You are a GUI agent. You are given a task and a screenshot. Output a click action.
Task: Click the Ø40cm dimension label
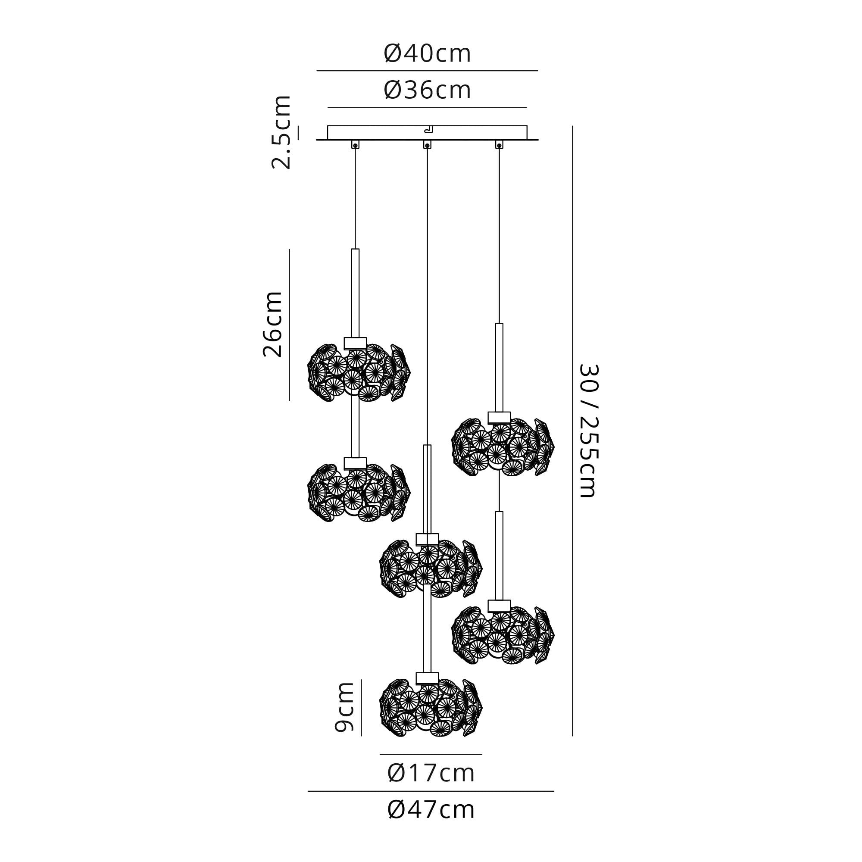[x=427, y=54]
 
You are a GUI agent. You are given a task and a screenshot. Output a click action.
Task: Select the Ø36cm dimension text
[x=427, y=91]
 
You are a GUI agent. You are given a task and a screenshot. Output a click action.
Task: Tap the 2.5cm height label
[x=281, y=132]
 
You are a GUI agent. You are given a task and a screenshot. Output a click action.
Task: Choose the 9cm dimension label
[x=344, y=707]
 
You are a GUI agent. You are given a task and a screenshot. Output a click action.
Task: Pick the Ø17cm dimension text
[x=431, y=774]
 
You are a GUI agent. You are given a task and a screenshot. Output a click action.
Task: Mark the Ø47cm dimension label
[x=431, y=810]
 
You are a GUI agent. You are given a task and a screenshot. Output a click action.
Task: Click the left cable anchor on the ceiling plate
[x=355, y=144]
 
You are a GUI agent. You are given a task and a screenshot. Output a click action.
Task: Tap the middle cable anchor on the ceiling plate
[x=427, y=144]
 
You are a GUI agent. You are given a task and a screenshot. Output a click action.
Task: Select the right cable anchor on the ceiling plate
[x=499, y=144]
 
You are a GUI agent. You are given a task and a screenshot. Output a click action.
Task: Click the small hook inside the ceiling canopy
[x=429, y=130]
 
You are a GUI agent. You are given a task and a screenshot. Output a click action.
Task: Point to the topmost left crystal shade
[x=359, y=372]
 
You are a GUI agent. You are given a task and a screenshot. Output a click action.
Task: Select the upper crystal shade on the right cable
[x=503, y=447]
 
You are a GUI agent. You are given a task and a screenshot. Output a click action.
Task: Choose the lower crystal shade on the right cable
[x=503, y=635]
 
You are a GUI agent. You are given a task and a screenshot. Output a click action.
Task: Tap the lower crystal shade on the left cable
[x=359, y=493]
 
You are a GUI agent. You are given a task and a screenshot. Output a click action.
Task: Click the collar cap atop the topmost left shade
[x=355, y=343]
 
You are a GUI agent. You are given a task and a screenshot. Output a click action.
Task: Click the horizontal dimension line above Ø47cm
[x=431, y=791]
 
